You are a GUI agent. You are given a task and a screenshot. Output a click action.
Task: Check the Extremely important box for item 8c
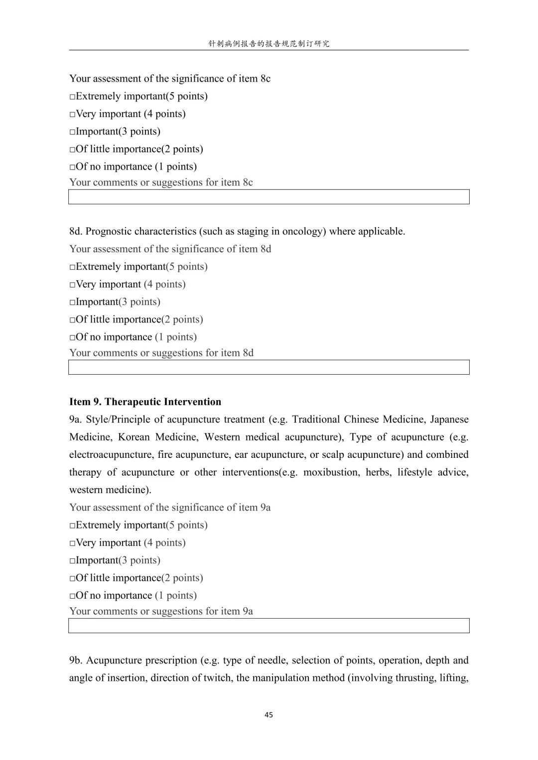72,97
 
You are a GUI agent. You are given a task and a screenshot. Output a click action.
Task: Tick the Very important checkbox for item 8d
72,285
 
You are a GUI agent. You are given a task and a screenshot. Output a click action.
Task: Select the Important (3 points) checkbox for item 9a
72,561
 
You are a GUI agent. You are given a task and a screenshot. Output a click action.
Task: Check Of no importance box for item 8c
72,167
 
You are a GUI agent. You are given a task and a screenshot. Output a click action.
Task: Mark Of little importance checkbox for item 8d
72,320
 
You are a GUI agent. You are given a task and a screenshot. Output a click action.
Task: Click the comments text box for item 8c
269,197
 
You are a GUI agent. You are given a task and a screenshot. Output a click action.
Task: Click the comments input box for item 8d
269,367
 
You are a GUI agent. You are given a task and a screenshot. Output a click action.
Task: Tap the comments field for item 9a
269,626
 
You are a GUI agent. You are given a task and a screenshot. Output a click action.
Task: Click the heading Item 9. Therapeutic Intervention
145,402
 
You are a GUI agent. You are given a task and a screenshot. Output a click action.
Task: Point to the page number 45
269,715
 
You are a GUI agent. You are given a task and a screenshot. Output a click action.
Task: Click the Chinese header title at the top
269,44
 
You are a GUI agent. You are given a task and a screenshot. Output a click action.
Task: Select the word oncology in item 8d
304,231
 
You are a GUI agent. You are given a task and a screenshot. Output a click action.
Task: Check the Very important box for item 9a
72,543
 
